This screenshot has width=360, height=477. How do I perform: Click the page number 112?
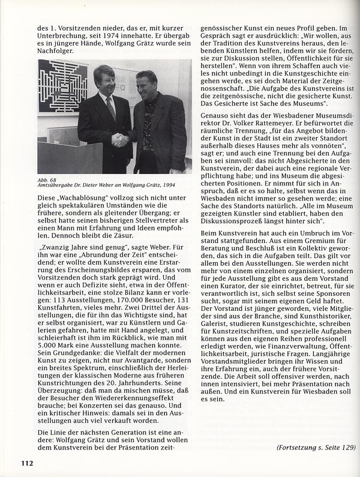tap(25, 462)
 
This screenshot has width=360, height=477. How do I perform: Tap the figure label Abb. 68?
tap(46, 179)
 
